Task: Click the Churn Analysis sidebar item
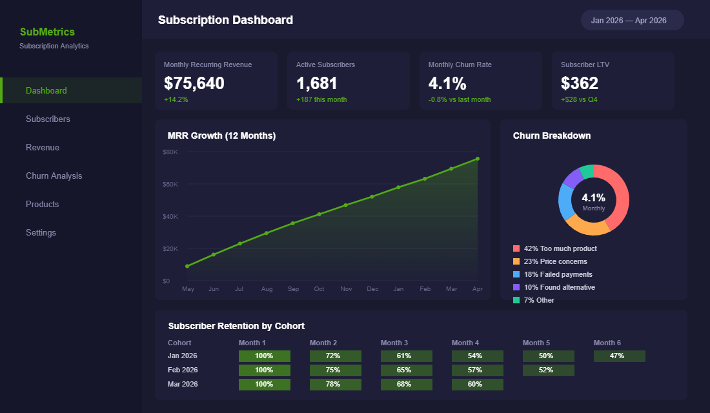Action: click(x=54, y=176)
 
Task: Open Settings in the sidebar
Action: click(x=41, y=232)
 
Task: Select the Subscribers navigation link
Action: click(x=48, y=119)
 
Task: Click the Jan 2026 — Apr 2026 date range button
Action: click(x=632, y=20)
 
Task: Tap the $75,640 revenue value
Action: click(x=194, y=83)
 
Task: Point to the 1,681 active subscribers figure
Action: click(x=316, y=83)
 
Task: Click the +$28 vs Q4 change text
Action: click(x=579, y=99)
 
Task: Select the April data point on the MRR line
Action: click(x=478, y=159)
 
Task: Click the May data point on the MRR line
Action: click(x=187, y=266)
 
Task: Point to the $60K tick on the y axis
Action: click(x=170, y=184)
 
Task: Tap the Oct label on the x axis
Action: click(x=319, y=288)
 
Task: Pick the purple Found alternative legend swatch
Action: click(x=516, y=287)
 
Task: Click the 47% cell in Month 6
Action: click(x=619, y=356)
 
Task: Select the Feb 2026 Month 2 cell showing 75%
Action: click(x=335, y=370)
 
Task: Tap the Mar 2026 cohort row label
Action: click(x=183, y=385)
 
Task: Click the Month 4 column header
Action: click(x=465, y=343)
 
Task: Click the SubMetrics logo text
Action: click(x=47, y=32)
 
